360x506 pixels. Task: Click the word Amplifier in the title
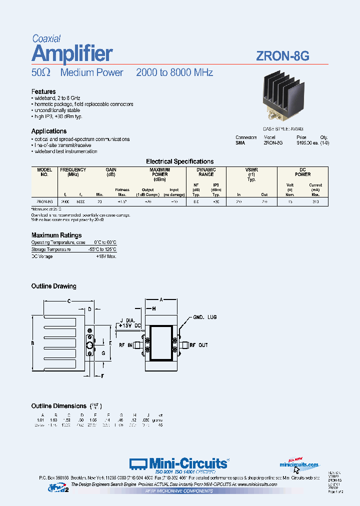pos(72,53)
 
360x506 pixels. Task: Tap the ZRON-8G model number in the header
pos(282,56)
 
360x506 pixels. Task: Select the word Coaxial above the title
pos(46,38)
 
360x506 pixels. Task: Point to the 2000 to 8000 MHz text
pos(174,72)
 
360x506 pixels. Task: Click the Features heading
pos(43,91)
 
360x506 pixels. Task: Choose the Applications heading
pos(49,131)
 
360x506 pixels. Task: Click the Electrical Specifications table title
pos(179,161)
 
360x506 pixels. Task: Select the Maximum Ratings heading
pos(56,235)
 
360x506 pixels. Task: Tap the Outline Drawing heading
pos(54,286)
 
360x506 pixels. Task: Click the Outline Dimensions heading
pos(59,405)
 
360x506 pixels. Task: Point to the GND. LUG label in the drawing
pos(205,317)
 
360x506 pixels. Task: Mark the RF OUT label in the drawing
pos(199,345)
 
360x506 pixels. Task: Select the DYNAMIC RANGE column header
pos(206,172)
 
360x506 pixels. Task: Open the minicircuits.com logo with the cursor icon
pos(298,465)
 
